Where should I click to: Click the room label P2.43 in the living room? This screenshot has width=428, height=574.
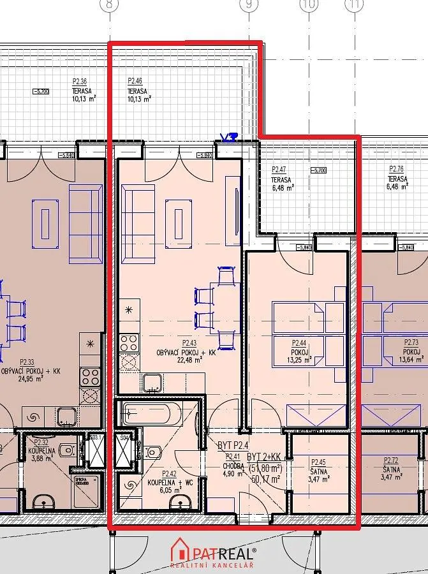tap(189, 342)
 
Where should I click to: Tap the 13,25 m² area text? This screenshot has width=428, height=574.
tap(299, 360)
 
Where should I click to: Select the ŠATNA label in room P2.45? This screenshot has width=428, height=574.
tap(319, 471)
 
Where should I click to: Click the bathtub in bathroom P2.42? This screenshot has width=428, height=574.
tap(149, 413)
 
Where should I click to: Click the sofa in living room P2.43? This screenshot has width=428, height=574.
tap(138, 224)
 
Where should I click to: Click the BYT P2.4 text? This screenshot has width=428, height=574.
tap(233, 445)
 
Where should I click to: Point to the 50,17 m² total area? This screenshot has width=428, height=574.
tap(267, 479)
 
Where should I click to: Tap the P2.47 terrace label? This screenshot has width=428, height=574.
tap(279, 170)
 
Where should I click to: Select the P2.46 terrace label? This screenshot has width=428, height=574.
tap(135, 81)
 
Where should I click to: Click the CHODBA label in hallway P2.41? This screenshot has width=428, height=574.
tap(234, 465)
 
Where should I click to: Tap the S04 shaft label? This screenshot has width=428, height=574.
tap(124, 438)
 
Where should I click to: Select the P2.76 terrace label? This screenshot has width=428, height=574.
tap(397, 170)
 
